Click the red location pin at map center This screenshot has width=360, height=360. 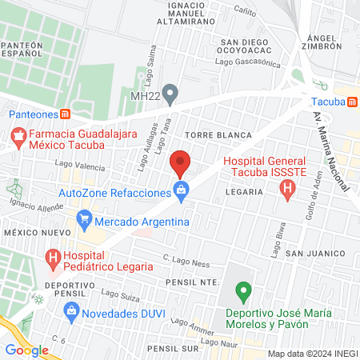180,163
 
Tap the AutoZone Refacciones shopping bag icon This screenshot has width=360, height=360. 181,190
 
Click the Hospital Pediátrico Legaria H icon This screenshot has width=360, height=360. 53,258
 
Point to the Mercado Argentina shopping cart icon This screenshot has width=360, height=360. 83,218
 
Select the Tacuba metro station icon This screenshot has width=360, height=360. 350,102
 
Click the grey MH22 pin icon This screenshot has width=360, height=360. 169,92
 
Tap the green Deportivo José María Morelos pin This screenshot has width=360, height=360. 245,290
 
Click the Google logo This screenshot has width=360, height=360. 26,350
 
